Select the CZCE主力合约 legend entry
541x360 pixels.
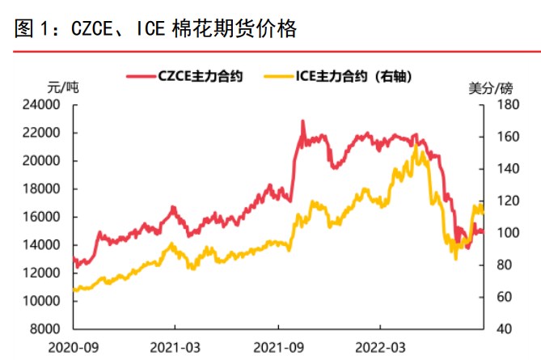[194, 76]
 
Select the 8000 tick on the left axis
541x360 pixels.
[47, 329]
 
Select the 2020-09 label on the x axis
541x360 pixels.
[73, 347]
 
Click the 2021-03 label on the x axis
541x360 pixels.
[175, 347]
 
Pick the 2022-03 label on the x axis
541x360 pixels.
[379, 347]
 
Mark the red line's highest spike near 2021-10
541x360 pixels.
[302, 121]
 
